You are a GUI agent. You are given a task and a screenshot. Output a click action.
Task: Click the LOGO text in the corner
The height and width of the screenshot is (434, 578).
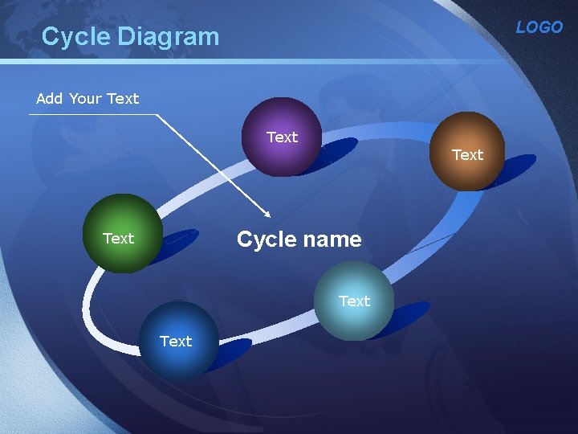pos(539,27)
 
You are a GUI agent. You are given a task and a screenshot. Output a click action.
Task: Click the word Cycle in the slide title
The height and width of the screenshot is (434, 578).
pos(75,36)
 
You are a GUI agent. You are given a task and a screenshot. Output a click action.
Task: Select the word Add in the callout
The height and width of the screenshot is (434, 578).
pos(49,99)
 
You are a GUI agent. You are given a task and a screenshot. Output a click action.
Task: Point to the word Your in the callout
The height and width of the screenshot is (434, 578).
pos(85,99)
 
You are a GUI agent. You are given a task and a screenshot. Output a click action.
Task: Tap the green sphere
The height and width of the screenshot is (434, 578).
pos(122,235)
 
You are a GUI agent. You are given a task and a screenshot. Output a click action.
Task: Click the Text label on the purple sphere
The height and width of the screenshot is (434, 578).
pos(282,137)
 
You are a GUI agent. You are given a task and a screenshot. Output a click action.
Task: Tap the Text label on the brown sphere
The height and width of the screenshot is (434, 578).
pos(467,155)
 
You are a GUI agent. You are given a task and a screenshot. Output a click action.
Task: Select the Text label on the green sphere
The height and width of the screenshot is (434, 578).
pos(119,239)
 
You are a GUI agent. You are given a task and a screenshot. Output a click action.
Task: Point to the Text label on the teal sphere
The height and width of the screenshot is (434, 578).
pos(354,301)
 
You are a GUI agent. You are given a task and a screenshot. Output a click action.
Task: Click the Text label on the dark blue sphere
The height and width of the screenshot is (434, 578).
pos(176,342)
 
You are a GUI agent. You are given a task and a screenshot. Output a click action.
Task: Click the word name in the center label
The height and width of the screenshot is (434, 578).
pos(331,240)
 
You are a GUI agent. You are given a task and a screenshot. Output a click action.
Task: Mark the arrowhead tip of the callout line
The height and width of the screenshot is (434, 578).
pos(271,216)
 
